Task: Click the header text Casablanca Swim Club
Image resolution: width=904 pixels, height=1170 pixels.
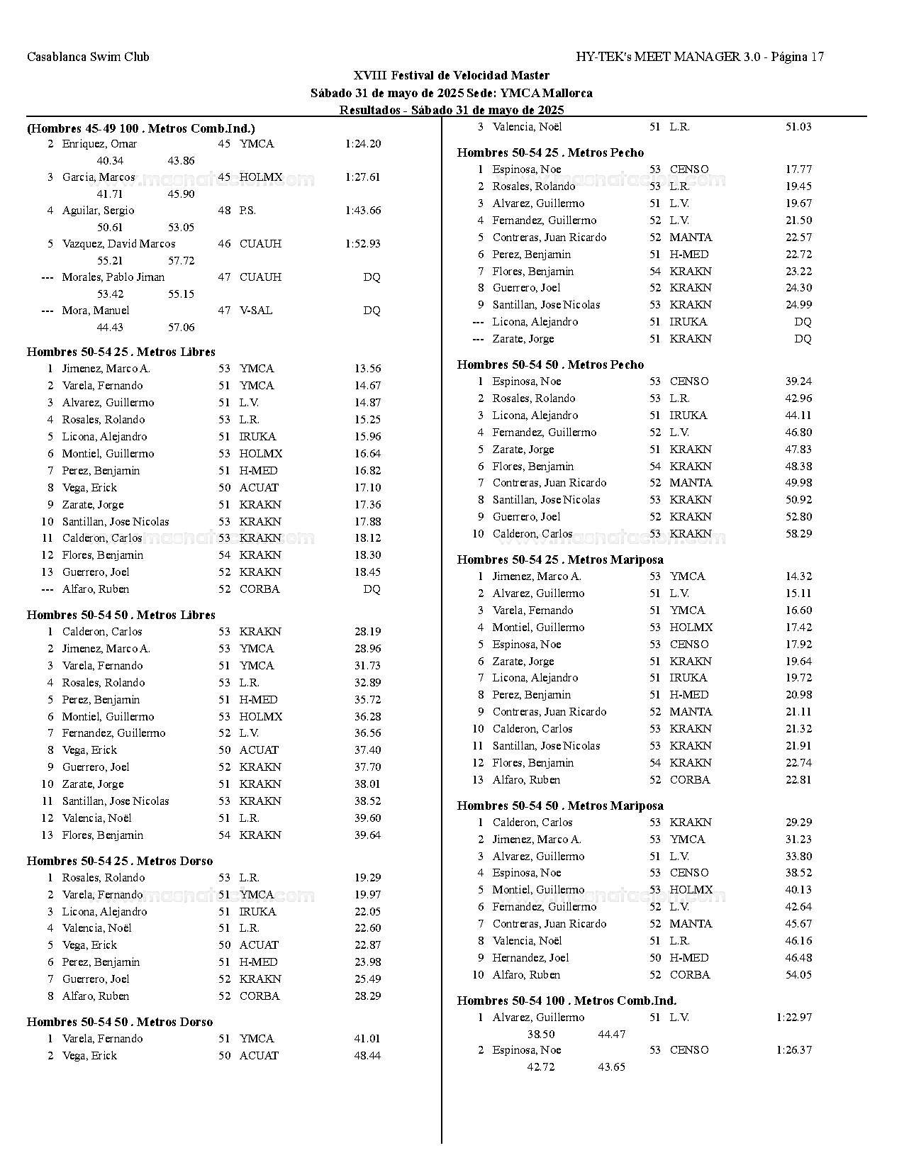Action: coord(88,57)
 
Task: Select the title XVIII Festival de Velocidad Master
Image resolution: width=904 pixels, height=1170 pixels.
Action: coord(451,75)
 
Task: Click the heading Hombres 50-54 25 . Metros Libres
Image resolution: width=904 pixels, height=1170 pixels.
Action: coord(121,352)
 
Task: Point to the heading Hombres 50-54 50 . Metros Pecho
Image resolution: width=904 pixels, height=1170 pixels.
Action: coord(550,364)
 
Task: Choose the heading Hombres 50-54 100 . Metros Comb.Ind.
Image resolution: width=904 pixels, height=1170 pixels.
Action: coord(567,1001)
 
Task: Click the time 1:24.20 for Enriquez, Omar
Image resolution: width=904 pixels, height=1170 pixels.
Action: coord(363,144)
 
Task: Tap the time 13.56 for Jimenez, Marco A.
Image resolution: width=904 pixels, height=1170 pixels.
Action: coord(367,369)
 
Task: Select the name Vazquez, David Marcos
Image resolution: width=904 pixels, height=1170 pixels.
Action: coord(118,244)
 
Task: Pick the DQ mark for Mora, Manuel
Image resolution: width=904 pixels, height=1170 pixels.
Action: coord(372,311)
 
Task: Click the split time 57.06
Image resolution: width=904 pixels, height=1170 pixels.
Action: coord(181,328)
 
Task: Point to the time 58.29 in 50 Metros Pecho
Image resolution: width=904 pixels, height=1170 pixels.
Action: coord(798,534)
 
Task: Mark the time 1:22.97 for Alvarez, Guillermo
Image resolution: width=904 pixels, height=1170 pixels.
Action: coord(794,1018)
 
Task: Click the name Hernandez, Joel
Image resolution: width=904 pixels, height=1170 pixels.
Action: coord(531,958)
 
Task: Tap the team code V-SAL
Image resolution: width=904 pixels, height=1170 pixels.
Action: coord(256,311)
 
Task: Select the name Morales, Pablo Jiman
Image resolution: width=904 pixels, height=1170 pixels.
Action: coord(113,277)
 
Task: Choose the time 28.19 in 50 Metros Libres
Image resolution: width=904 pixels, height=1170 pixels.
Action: coord(367,632)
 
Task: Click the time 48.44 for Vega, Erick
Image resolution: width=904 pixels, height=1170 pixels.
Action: coord(367,1056)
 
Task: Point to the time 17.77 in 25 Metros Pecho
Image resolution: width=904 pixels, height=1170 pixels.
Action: coord(798,169)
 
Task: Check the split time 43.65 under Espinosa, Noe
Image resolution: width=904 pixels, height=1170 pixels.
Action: coord(611,1067)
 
